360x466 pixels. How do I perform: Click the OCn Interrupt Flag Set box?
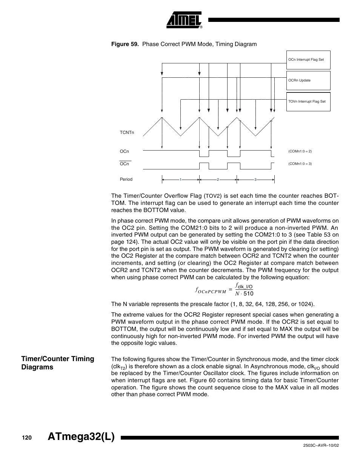[x=308, y=60]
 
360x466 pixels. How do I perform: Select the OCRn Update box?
[x=308, y=80]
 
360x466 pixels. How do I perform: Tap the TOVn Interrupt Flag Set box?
[x=308, y=102]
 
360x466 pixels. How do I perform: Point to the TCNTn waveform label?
[x=127, y=133]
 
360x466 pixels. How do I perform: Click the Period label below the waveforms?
[x=126, y=179]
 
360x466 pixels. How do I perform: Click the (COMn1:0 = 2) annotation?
[x=300, y=151]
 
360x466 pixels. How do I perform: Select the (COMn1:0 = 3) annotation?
[x=300, y=164]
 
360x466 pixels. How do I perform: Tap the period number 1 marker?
[x=181, y=180]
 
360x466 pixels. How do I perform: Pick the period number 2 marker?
[x=218, y=180]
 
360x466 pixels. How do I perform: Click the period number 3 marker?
[x=255, y=180]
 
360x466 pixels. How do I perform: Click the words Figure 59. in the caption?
[x=125, y=44]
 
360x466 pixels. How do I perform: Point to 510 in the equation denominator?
[x=248, y=294]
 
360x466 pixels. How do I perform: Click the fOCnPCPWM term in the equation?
[x=211, y=290]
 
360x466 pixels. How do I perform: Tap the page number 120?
[x=27, y=438]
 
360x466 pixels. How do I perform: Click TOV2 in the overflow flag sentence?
[x=213, y=196]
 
